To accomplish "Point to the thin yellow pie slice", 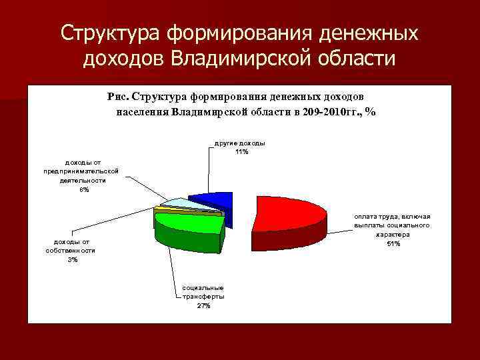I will tap(159, 211).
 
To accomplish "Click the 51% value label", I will tap(393, 243).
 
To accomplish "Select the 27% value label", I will tap(203, 305).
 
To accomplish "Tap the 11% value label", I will tap(241, 152).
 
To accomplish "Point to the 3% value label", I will tap(72, 259).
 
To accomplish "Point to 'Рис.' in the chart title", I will tap(118, 96).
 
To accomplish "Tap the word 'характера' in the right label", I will tap(393, 235).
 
